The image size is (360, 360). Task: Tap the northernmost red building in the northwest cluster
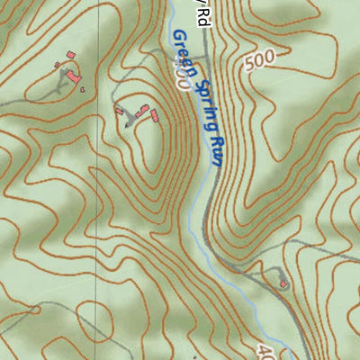70,56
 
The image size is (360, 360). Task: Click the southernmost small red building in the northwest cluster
81,87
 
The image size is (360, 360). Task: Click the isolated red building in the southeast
284,283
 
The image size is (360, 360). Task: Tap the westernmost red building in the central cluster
118,111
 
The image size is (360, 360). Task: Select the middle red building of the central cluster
142,109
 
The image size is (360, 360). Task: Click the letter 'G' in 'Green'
176,38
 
